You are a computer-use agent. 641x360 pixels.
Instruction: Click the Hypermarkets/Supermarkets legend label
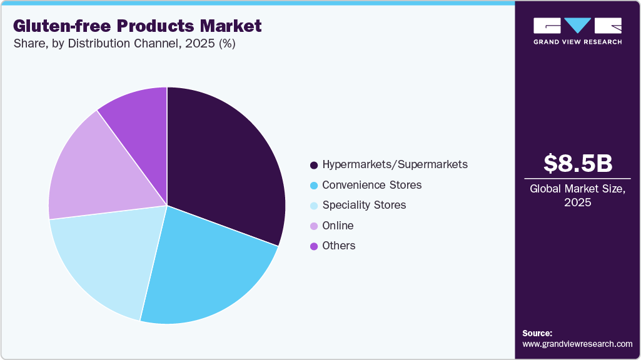[x=395, y=165]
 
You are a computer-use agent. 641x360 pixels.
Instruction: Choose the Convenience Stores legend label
[x=372, y=185]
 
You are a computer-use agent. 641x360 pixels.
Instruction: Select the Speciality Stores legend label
[x=364, y=205]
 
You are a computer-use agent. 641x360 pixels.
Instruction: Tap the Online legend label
[x=338, y=226]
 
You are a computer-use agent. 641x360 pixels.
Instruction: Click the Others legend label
[x=339, y=246]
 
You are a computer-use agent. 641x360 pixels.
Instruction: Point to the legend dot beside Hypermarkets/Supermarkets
[x=314, y=165]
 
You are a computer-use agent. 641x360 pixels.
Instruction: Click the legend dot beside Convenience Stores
[x=314, y=186]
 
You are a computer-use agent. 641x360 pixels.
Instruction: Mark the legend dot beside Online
[x=314, y=226]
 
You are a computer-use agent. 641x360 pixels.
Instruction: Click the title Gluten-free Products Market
[x=137, y=26]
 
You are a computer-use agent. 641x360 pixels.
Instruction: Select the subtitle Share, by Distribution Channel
[x=124, y=44]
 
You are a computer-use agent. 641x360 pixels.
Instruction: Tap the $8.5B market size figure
[x=578, y=163]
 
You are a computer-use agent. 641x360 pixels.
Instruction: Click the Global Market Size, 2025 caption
[x=578, y=196]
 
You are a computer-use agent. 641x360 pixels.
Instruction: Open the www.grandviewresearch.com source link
[x=577, y=344]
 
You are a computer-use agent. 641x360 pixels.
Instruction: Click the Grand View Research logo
[x=578, y=31]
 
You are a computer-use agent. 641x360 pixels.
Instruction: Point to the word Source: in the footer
[x=537, y=333]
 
